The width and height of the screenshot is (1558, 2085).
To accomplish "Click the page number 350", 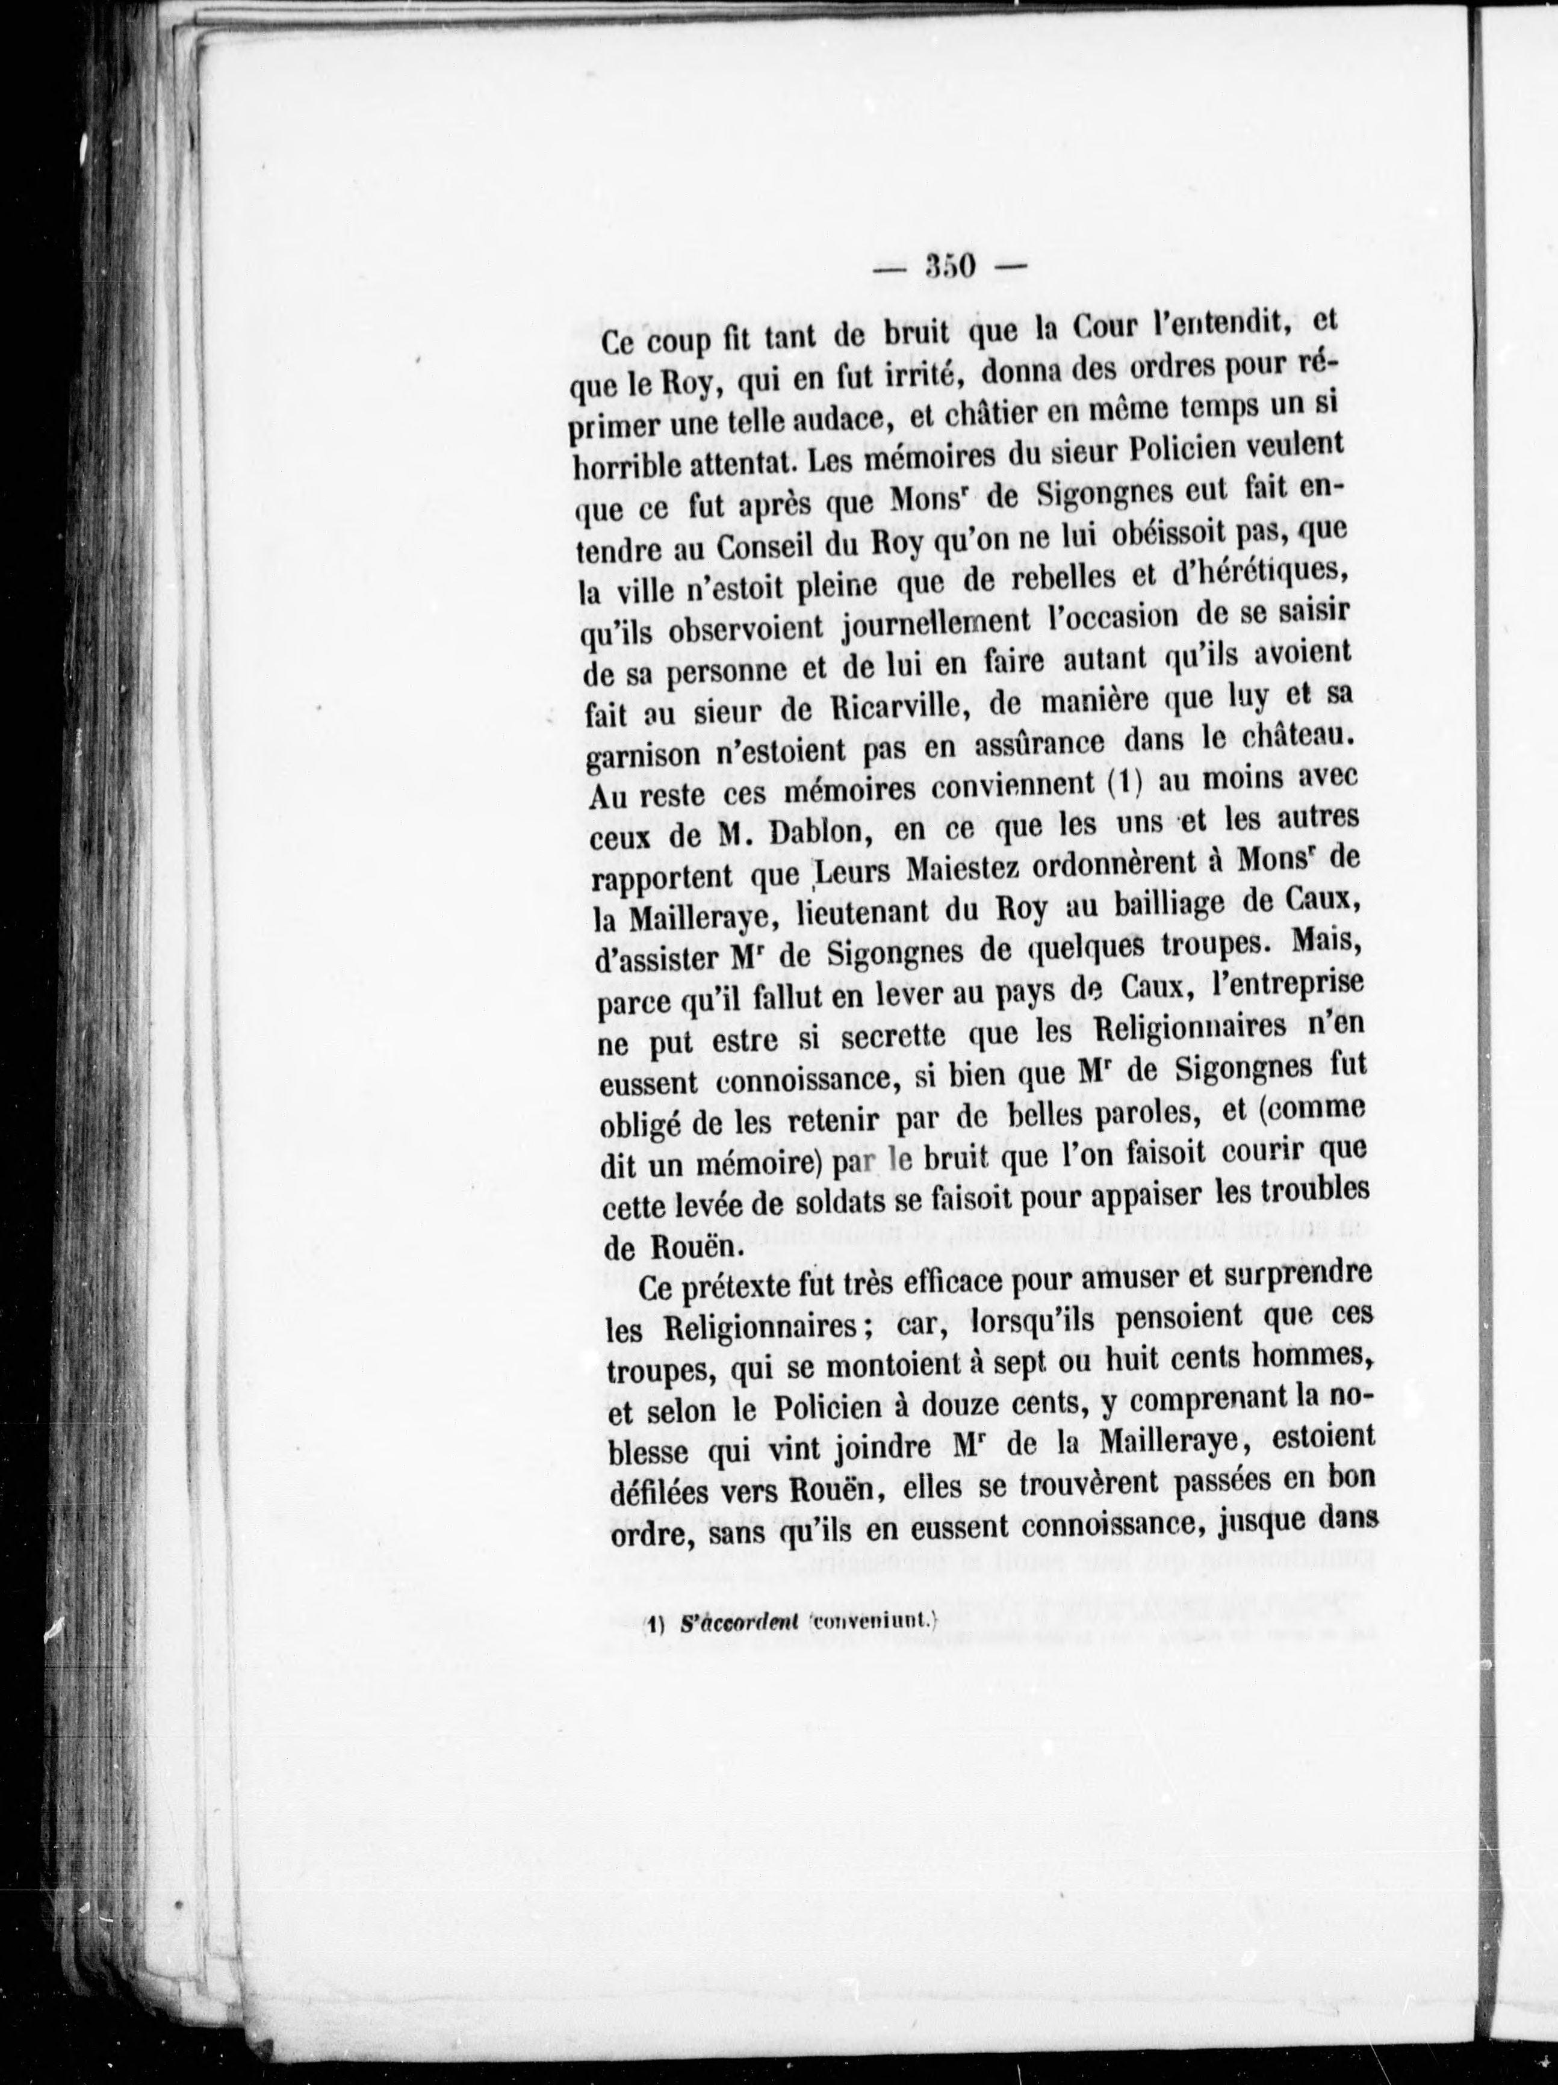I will tap(949, 267).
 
